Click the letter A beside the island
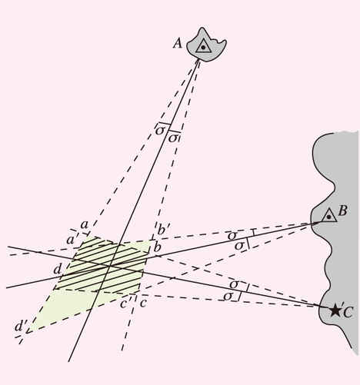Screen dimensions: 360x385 click(178, 44)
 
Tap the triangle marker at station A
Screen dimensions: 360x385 click(204, 47)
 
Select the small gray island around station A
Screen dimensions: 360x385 click(206, 45)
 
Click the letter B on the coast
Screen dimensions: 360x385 click(342, 211)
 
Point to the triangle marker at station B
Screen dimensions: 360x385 click(329, 215)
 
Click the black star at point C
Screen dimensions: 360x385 click(335, 310)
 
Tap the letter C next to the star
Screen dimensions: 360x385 click(348, 312)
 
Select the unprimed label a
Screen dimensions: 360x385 click(84, 225)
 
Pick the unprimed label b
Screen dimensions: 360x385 click(157, 247)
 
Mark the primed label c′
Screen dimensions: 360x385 click(125, 303)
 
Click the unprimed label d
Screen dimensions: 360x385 click(57, 269)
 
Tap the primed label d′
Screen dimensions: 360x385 click(21, 327)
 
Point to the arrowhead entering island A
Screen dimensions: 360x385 click(198, 61)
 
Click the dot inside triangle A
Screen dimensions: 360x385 click(203, 48)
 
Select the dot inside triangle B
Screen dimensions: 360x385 click(329, 217)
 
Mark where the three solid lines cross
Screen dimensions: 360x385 click(109, 266)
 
